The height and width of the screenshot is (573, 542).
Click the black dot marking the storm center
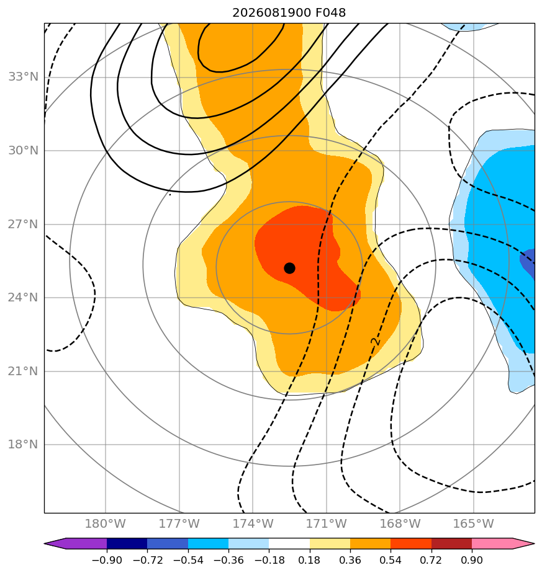[289, 269]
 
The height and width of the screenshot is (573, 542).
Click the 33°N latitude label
[23, 77]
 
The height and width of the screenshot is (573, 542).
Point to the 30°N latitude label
[23, 151]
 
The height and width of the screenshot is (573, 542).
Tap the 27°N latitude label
[23, 224]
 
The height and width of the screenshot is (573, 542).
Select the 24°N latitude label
[23, 298]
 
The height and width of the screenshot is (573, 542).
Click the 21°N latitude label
[23, 371]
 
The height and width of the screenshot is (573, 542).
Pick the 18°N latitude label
[23, 445]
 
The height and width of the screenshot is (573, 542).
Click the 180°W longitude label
[106, 523]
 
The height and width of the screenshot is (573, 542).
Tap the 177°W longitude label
[179, 523]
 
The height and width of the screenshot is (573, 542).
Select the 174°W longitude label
[253, 523]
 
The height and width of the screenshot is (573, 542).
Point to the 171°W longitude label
[327, 523]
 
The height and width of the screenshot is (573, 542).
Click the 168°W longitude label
[400, 523]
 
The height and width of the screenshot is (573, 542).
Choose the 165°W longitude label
[474, 523]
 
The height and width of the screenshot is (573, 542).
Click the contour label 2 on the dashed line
[375, 342]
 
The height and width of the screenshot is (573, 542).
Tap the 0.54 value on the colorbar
[391, 560]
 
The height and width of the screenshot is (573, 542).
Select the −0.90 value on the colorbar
[107, 560]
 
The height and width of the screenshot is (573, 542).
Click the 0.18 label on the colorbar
[310, 560]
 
